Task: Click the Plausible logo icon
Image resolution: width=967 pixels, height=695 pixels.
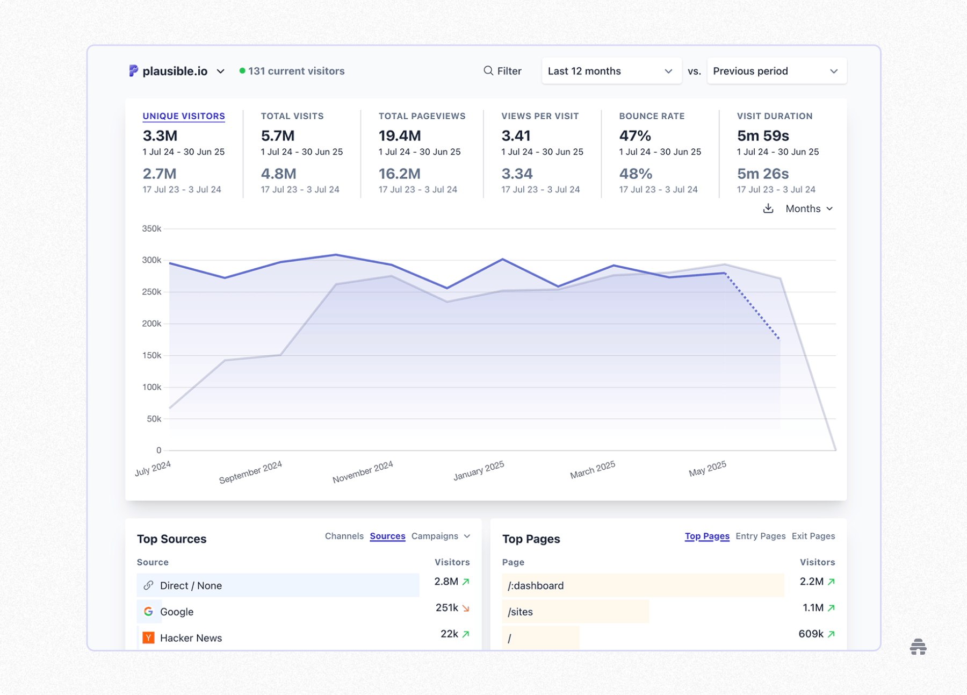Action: click(133, 71)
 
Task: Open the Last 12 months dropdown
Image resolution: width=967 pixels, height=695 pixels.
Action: click(611, 71)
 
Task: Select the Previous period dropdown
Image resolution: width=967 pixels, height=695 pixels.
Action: click(776, 71)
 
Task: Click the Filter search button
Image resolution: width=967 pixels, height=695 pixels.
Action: click(502, 71)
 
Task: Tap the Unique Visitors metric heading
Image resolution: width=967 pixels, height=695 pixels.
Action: click(184, 116)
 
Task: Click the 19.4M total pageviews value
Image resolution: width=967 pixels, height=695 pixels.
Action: click(399, 135)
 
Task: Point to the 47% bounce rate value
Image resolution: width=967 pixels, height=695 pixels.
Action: click(634, 135)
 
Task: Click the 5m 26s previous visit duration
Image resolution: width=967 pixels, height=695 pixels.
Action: click(762, 174)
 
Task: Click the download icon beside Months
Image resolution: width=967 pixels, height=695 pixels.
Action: click(768, 209)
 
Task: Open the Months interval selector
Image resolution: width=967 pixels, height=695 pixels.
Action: click(809, 209)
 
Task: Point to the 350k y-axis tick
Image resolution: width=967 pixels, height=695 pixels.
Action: click(151, 228)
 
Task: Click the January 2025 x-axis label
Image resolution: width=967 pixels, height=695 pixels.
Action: click(478, 471)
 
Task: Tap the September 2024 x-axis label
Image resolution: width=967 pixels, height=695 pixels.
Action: click(250, 472)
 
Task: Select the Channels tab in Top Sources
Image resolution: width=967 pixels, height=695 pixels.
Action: click(344, 536)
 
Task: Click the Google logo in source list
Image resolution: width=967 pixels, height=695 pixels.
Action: click(149, 612)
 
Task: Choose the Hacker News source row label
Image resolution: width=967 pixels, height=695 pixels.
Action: click(191, 638)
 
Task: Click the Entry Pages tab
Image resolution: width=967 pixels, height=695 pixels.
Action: click(760, 536)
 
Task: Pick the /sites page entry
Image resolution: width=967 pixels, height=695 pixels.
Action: click(520, 612)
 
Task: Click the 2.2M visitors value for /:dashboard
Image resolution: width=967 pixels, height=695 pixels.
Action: click(811, 582)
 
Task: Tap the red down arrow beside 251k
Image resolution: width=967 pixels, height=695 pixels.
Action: click(466, 608)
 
